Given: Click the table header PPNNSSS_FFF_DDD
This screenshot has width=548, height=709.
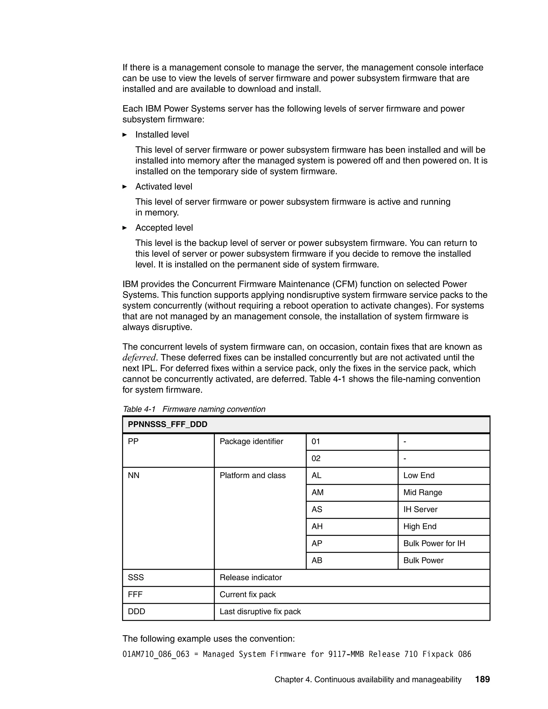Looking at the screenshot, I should point(168,424).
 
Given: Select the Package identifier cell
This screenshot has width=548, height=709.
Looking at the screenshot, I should point(251,441).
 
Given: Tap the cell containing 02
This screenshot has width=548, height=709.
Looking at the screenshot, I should point(316,458).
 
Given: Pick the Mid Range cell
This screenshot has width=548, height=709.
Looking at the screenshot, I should point(423,493).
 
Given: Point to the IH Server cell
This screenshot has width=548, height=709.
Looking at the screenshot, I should point(420,509).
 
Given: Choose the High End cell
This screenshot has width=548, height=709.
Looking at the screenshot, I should point(420,526).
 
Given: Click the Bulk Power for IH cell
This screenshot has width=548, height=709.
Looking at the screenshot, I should point(434,543).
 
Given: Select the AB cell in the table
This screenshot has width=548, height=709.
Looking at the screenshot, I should point(317,560).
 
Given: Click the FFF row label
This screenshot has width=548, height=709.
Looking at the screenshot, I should point(135,594).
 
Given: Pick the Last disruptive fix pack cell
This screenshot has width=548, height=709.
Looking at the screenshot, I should point(260,612).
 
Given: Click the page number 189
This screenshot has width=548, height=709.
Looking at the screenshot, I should point(482,679).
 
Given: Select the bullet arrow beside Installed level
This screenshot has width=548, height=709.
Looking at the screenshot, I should point(125,135).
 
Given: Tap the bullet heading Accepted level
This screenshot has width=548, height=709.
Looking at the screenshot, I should point(164,228).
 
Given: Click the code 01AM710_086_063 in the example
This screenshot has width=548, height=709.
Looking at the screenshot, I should point(156,654).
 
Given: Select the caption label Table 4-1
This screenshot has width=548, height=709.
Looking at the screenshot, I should point(139,409).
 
